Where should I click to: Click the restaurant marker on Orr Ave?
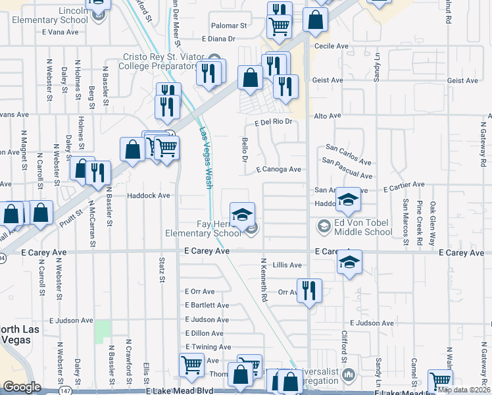coord(309,290)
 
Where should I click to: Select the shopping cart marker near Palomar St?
coord(280,26)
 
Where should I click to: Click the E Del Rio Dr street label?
coord(272,122)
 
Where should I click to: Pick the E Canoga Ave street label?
coord(278,169)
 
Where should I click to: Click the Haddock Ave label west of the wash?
coord(149,196)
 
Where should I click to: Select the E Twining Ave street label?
coord(208,347)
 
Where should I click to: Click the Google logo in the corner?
coord(22,387)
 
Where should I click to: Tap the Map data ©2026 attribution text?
coord(464,390)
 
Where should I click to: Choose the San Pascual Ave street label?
coord(347,169)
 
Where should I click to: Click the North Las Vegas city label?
coord(20,334)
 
